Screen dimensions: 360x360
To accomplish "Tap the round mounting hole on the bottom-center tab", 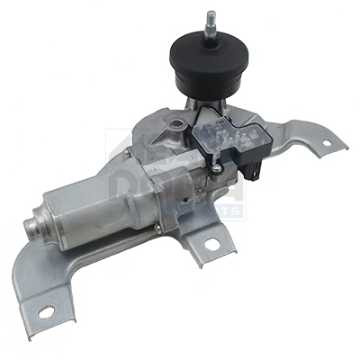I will click(213, 243).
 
